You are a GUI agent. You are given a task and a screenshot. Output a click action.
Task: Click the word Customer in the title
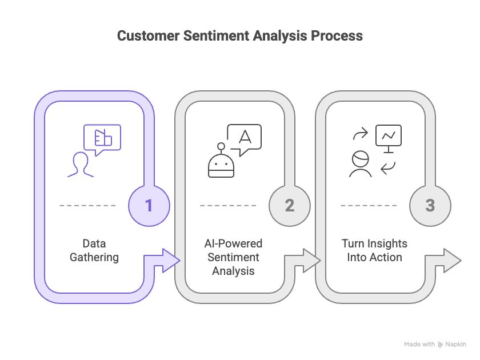(147, 36)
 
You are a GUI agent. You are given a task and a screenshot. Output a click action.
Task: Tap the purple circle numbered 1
(149, 205)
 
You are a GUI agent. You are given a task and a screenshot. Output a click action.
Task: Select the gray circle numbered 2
(290, 205)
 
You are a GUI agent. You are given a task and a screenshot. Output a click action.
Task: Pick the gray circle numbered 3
(430, 205)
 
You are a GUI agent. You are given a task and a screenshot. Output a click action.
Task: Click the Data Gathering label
(94, 250)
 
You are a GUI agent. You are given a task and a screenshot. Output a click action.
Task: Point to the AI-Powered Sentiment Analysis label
(233, 257)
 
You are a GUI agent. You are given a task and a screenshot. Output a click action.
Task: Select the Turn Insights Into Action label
(374, 250)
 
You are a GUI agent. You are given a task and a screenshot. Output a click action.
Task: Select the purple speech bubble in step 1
(102, 139)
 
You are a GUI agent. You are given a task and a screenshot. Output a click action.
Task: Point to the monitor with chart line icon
(389, 138)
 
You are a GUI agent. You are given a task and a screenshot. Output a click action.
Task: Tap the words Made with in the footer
(419, 345)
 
